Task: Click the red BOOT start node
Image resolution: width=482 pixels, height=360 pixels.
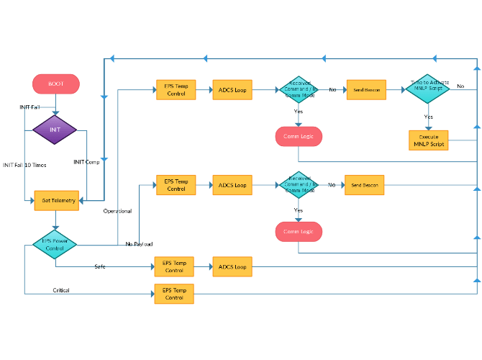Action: click(x=56, y=84)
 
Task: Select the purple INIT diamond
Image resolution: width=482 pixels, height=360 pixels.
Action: click(x=55, y=130)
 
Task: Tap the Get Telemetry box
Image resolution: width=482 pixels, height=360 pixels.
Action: click(x=56, y=200)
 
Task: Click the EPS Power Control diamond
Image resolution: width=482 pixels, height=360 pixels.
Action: click(x=55, y=244)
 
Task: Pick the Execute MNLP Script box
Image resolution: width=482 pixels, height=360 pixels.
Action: click(x=429, y=140)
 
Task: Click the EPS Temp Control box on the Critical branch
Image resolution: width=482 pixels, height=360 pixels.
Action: click(x=174, y=293)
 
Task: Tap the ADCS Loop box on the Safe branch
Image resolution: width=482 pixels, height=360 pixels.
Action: click(x=232, y=266)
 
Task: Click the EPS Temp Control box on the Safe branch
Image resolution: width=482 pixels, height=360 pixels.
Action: click(x=174, y=266)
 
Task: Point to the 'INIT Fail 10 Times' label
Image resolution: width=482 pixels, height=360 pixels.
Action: click(x=24, y=165)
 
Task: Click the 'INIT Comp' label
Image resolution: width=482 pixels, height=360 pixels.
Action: click(x=86, y=162)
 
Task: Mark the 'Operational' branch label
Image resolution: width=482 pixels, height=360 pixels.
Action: click(x=117, y=211)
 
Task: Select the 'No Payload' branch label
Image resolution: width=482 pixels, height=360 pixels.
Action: click(x=139, y=244)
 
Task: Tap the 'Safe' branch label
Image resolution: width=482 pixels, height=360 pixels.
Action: click(x=100, y=266)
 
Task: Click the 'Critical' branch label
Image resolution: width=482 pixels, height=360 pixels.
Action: click(x=61, y=290)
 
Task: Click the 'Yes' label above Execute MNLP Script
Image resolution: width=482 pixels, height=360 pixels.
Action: click(x=429, y=116)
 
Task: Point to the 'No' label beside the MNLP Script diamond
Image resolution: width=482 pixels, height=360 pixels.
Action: click(x=460, y=86)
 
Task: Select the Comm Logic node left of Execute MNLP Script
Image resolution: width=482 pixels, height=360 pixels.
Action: click(x=299, y=136)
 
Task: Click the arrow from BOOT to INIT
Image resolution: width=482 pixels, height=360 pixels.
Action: click(x=55, y=104)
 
